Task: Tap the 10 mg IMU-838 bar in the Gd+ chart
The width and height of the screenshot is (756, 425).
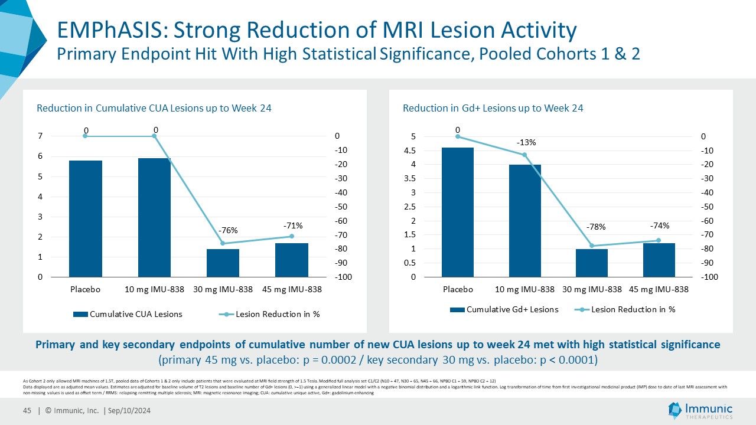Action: click(x=525, y=221)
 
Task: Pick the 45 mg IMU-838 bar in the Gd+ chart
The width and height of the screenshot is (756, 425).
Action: click(x=659, y=260)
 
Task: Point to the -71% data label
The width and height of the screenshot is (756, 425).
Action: click(x=293, y=225)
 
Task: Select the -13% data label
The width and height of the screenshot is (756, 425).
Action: click(x=526, y=142)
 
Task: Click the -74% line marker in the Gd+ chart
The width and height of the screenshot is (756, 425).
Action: click(x=659, y=240)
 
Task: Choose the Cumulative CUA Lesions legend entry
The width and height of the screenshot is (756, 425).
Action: click(x=128, y=314)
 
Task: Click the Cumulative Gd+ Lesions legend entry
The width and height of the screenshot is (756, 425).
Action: click(x=504, y=309)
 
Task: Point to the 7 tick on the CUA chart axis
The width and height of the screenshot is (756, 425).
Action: click(x=40, y=136)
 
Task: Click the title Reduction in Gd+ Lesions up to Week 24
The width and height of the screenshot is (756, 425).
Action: click(x=493, y=108)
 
